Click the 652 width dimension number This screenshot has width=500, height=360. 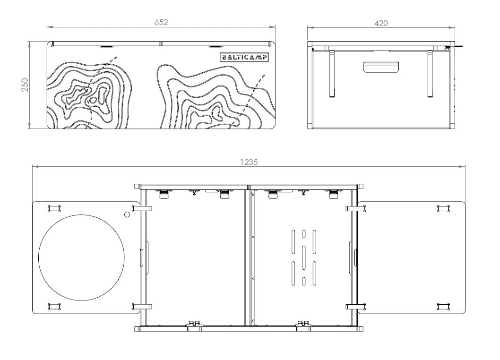(x=161, y=22)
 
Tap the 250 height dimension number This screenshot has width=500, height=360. (x=25, y=85)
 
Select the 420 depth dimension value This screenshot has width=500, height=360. (x=381, y=23)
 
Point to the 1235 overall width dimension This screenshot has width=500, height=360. (x=249, y=162)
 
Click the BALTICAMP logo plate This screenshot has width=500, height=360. (x=245, y=57)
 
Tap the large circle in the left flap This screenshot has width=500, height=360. (x=82, y=257)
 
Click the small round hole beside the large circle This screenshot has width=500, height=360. (x=127, y=214)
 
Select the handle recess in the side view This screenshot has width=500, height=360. (x=381, y=67)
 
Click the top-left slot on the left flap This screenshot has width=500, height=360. (x=54, y=208)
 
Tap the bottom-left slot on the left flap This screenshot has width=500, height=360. (x=54, y=307)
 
